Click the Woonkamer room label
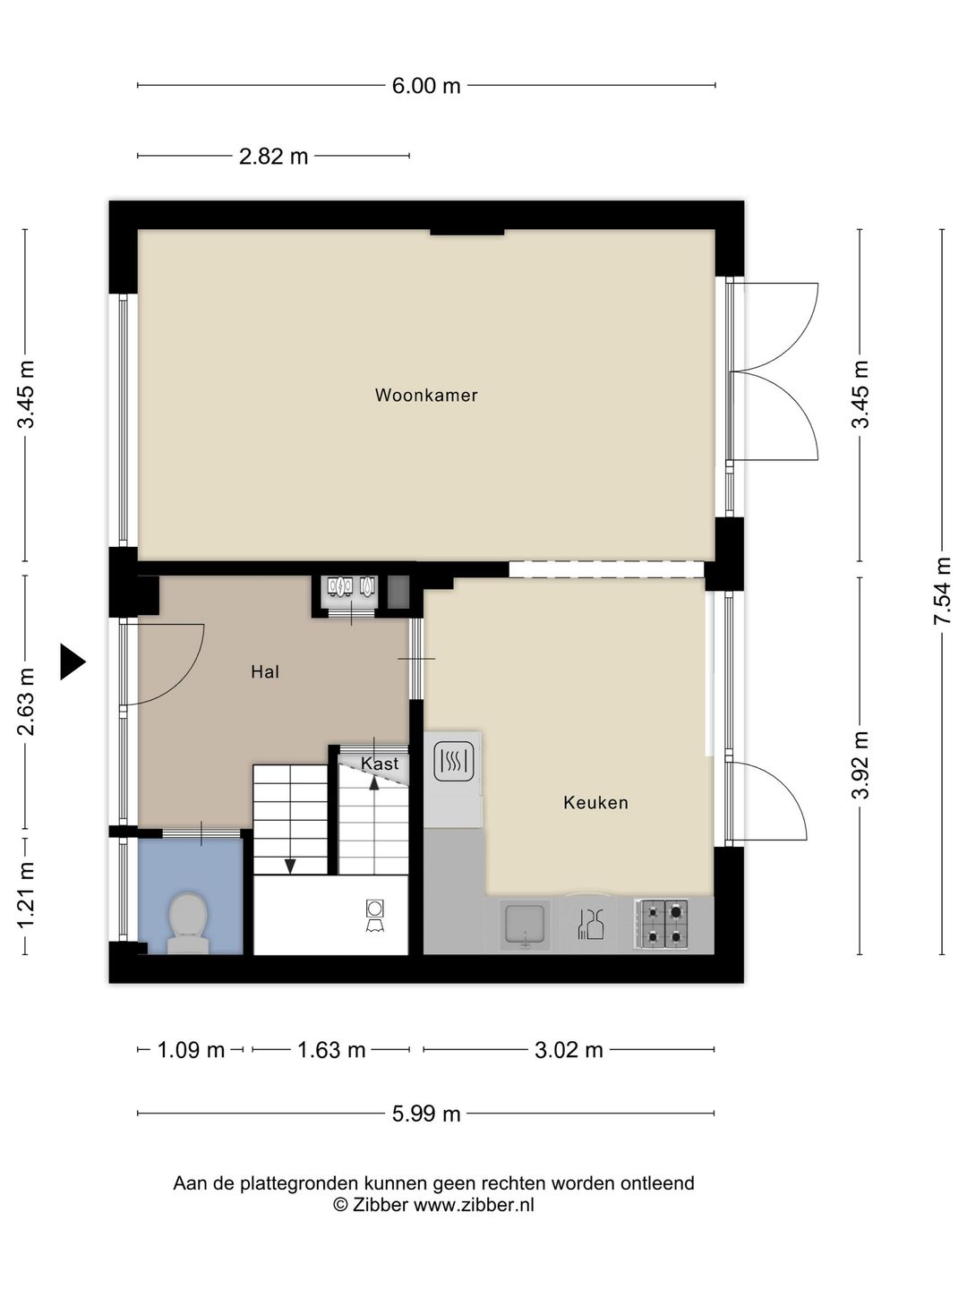click(x=426, y=395)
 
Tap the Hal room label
click(x=265, y=672)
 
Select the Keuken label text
click(x=595, y=802)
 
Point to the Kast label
click(x=380, y=764)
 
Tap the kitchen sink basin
click(x=525, y=925)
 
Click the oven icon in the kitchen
click(x=453, y=761)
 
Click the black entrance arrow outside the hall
click(x=73, y=662)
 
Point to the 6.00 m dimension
click(x=426, y=86)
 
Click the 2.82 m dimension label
click(x=274, y=157)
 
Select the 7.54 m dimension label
click(x=942, y=591)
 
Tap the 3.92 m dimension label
click(x=860, y=765)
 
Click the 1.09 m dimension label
click(x=191, y=1049)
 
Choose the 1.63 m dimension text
click(x=331, y=1049)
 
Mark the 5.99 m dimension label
click(x=426, y=1114)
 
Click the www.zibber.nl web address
click(x=474, y=1205)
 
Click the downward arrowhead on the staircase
click(x=290, y=866)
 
